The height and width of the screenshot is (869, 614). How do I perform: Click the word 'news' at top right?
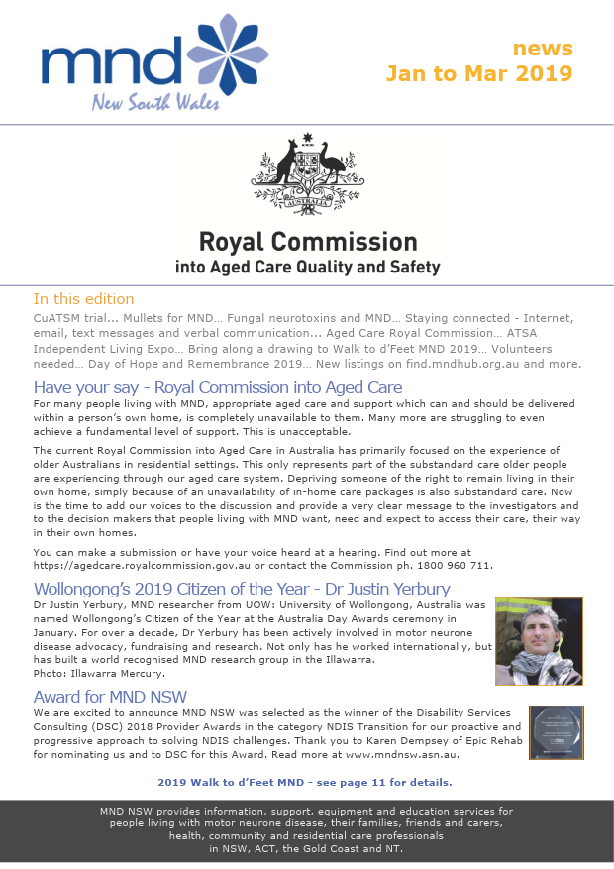(x=542, y=48)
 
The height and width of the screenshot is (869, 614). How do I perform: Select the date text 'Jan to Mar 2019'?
(x=478, y=73)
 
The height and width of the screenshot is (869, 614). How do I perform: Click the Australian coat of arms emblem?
(x=306, y=173)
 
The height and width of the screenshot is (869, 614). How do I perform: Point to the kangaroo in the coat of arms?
(x=276, y=168)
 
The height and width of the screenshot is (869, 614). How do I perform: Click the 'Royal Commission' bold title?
(x=307, y=242)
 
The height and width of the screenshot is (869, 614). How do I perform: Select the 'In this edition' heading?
(x=83, y=299)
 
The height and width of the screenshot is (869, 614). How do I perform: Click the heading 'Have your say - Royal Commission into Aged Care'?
(x=218, y=387)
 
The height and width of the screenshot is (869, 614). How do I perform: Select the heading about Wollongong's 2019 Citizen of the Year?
(x=242, y=589)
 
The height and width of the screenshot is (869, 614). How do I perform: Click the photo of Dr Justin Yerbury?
(x=539, y=640)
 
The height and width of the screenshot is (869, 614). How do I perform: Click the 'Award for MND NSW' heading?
(x=110, y=696)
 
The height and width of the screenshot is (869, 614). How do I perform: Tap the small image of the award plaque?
(x=557, y=732)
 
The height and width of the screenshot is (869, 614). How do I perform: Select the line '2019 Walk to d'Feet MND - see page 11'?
(x=305, y=782)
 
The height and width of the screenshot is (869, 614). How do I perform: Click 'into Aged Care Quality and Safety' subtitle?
(x=307, y=267)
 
